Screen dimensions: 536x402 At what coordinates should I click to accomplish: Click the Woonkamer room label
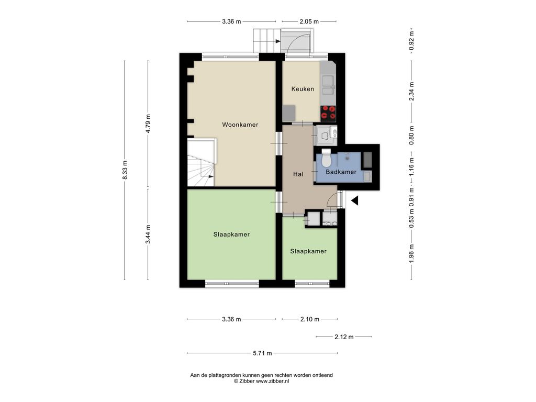point(240,125)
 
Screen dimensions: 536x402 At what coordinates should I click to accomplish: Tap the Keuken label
point(303,89)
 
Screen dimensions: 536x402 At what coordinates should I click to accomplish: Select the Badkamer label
point(341,172)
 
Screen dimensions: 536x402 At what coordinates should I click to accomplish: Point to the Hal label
point(298,174)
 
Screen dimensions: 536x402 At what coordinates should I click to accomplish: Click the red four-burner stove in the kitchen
point(328,114)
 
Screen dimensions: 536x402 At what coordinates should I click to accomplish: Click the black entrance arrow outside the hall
point(354,200)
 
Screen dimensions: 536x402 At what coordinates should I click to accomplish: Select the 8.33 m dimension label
point(125,170)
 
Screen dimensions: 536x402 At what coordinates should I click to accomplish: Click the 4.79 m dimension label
point(148,124)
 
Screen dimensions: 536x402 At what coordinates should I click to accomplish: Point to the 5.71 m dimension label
point(262,353)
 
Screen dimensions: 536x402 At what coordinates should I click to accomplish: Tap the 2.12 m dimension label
point(344,337)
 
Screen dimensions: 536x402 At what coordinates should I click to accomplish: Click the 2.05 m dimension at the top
point(309,21)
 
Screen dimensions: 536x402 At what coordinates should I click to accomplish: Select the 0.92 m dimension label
point(411,40)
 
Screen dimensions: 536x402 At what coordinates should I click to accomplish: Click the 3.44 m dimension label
point(148,234)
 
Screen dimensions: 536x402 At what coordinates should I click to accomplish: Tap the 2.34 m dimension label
point(411,91)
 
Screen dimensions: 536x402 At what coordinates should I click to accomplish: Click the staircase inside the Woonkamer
point(202,162)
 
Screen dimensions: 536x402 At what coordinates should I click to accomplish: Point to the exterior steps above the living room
point(267,41)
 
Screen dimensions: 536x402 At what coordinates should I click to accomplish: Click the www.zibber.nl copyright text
point(262,381)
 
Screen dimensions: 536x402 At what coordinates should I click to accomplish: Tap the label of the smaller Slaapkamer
point(308,251)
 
